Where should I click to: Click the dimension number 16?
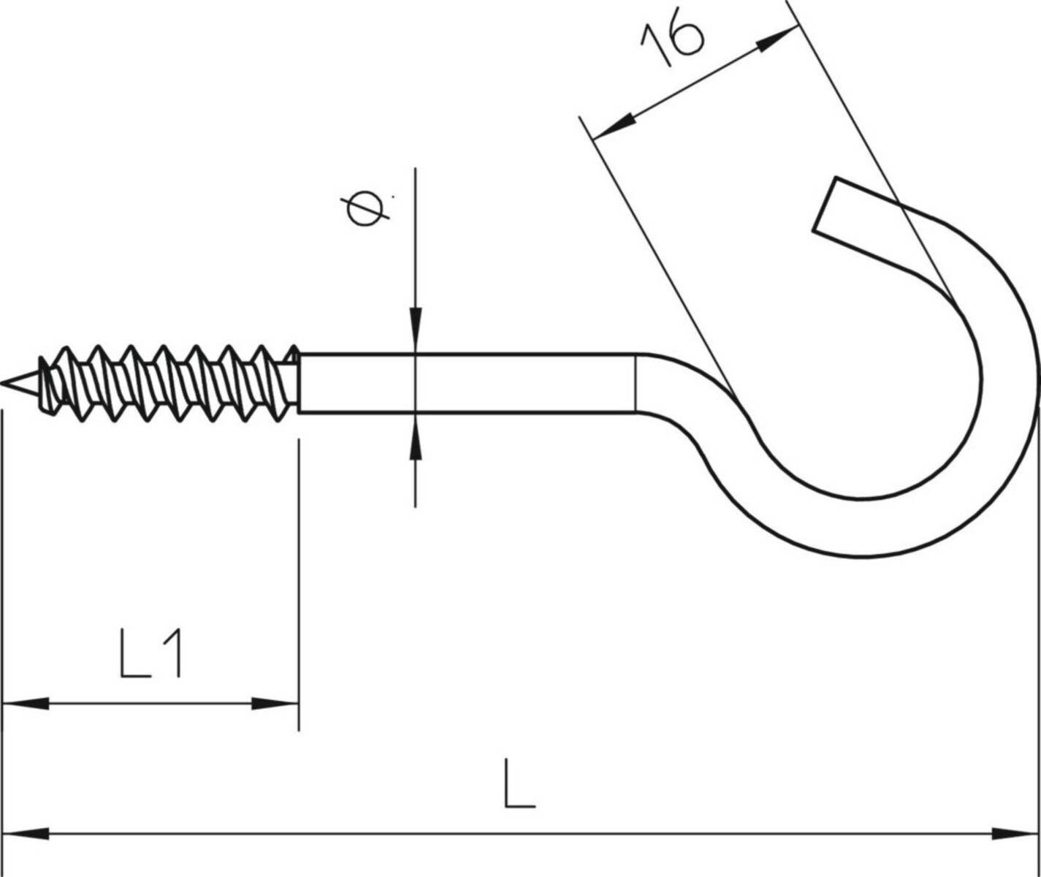tap(673, 43)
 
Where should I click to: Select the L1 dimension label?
tap(150, 656)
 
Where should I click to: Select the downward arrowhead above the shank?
tap(415, 326)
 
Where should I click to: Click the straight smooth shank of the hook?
tap(468, 384)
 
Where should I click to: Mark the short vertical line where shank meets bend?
tap(636, 384)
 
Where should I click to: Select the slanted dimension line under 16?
tap(694, 83)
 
